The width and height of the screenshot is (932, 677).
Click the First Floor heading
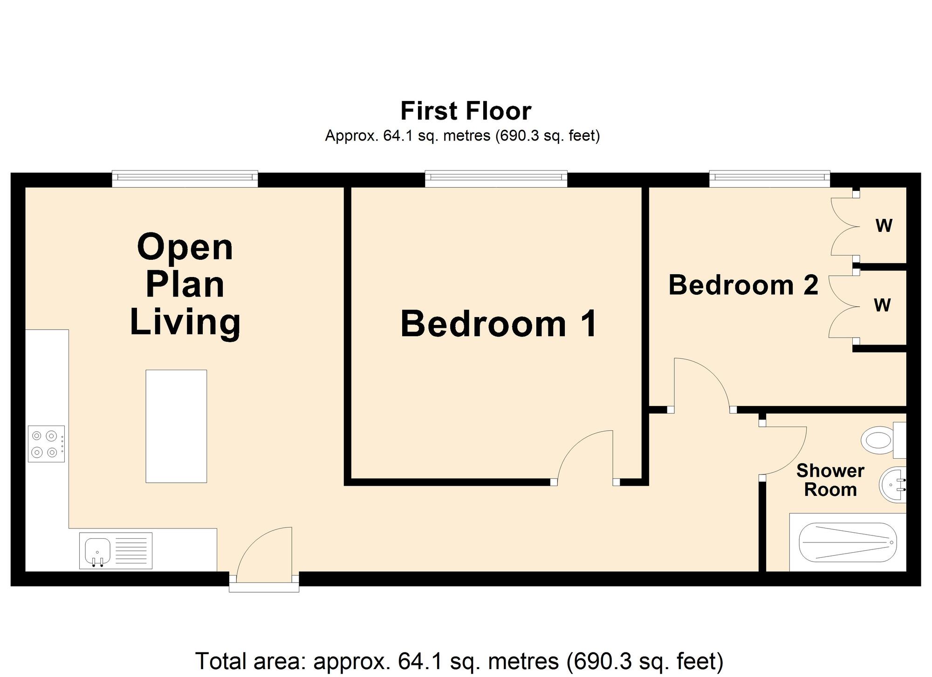[466, 111]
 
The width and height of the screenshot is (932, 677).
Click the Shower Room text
[830, 480]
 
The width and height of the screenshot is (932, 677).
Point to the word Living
[185, 322]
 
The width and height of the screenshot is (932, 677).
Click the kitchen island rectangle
[176, 426]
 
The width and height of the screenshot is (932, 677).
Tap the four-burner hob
[46, 444]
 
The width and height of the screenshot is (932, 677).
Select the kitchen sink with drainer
[116, 550]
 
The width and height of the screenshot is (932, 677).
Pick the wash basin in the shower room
[892, 485]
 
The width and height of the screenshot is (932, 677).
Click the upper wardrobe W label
[884, 226]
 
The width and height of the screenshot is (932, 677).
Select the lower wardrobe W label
[882, 305]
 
